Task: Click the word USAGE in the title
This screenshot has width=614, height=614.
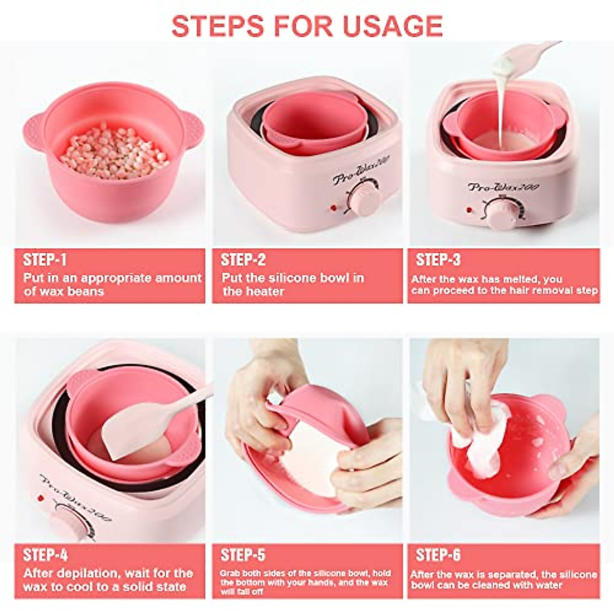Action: (392, 26)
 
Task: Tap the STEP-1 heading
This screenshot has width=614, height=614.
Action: (45, 260)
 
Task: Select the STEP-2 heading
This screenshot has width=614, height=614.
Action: (243, 260)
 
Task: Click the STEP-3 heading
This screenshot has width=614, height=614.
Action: (438, 260)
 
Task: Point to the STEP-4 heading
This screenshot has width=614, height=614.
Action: (46, 555)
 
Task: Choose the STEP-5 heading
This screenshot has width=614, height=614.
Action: (243, 555)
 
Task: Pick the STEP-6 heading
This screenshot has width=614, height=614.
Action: (438, 555)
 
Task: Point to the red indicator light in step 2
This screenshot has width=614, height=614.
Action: (333, 208)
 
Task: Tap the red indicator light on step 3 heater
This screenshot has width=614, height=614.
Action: (468, 209)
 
